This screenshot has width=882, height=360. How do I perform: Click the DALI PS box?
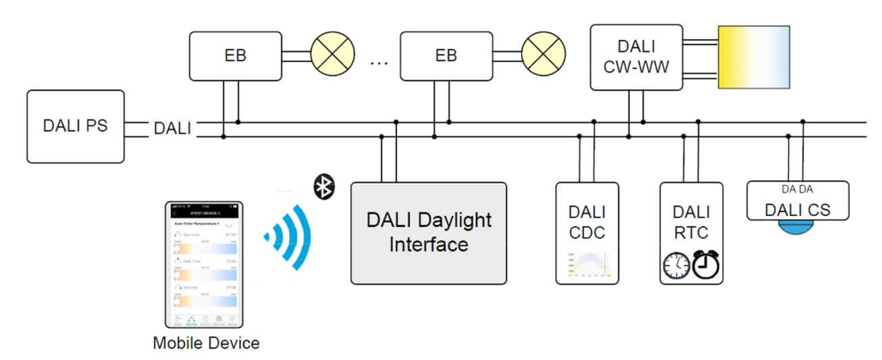click(x=76, y=126)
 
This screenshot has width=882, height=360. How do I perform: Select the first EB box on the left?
click(x=234, y=55)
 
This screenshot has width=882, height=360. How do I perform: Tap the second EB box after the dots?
click(x=446, y=55)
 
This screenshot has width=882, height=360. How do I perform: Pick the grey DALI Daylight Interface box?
click(x=428, y=232)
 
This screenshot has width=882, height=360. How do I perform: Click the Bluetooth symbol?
click(x=324, y=186)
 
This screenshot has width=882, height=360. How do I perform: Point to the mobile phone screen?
click(x=205, y=263)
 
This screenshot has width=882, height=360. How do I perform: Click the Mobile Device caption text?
click(x=206, y=343)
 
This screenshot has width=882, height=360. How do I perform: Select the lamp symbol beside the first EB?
click(x=332, y=55)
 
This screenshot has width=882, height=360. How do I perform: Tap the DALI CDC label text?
click(x=586, y=223)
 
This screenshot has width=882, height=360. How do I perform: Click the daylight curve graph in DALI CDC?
click(x=587, y=265)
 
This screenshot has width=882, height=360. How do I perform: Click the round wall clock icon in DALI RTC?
click(x=677, y=266)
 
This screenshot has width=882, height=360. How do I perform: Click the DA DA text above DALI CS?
click(x=797, y=190)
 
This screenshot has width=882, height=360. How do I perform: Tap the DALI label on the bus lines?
click(x=172, y=128)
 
